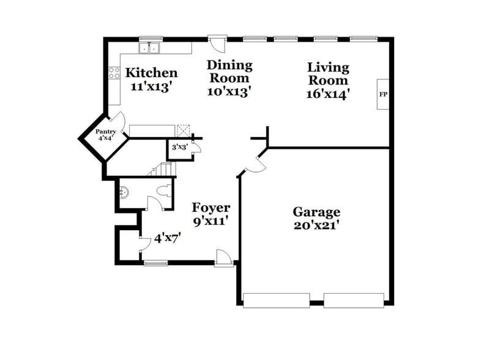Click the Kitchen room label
click(152, 73)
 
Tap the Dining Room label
click(229, 72)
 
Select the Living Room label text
click(328, 73)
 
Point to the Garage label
click(316, 212)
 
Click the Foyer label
click(210, 208)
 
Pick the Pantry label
click(105, 132)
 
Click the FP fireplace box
click(384, 94)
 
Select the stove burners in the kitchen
click(114, 73)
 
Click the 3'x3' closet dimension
click(179, 147)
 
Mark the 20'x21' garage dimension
click(316, 225)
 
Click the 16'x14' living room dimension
click(328, 94)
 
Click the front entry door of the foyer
click(224, 259)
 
